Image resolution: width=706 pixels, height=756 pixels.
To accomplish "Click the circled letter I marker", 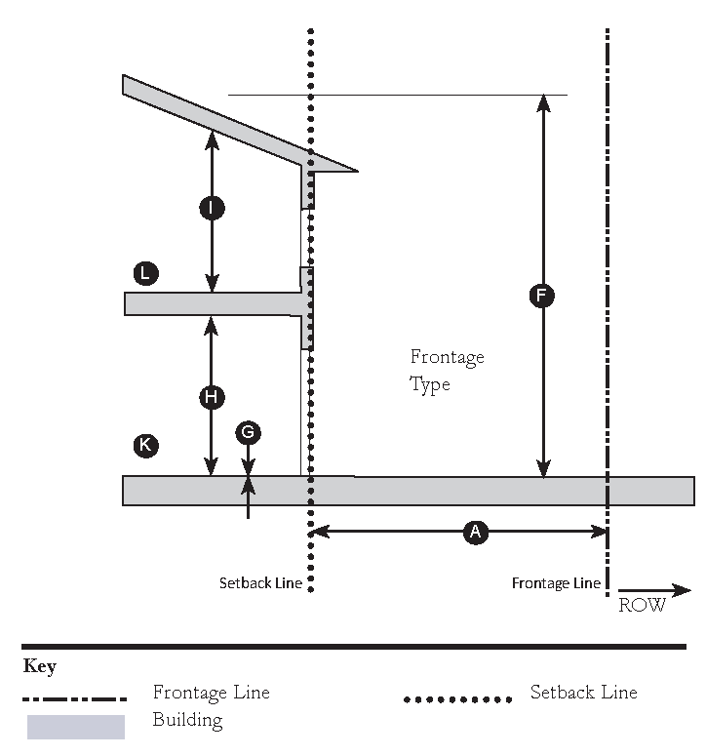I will click(212, 208).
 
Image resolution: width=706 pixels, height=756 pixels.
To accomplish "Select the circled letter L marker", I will click(145, 273).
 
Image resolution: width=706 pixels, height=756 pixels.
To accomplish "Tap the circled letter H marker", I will click(212, 396).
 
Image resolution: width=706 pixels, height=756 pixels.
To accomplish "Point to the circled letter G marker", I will click(249, 431).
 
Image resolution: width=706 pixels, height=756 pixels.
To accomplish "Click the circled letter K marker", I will click(145, 446).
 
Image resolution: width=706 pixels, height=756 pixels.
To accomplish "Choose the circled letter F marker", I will click(542, 296).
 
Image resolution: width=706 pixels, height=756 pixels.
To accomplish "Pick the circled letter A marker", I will click(475, 532).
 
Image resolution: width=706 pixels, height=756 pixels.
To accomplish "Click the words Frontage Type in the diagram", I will click(446, 371).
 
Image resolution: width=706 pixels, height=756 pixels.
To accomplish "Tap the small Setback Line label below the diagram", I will click(260, 584).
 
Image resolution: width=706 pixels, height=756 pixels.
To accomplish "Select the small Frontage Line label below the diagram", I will click(556, 583).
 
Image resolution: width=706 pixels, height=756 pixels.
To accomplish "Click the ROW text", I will click(642, 606).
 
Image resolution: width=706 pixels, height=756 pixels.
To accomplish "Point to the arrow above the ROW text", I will click(654, 589).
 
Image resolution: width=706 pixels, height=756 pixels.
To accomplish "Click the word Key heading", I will click(39, 667).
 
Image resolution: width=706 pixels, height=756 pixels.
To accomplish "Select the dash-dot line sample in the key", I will click(75, 698).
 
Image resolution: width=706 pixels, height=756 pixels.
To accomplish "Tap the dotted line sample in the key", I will click(457, 698).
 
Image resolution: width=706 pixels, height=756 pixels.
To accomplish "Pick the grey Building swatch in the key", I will click(75, 727).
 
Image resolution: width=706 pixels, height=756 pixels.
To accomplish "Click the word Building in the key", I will click(187, 721).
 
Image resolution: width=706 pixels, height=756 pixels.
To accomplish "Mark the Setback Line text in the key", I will click(583, 693).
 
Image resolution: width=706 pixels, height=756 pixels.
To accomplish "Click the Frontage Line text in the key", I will click(211, 693).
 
